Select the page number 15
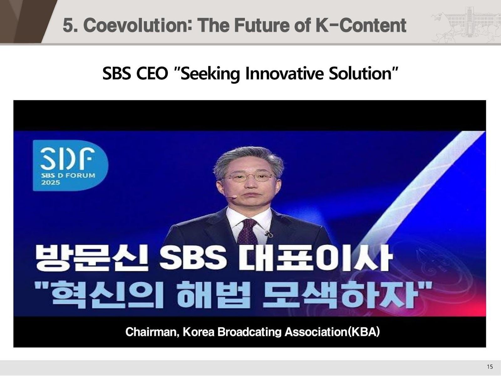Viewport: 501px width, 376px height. tap(490, 367)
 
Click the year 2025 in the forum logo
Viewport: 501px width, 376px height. tap(51, 182)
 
